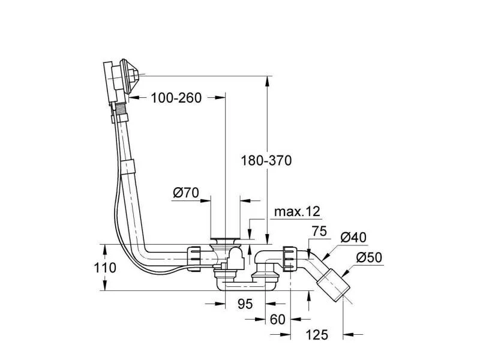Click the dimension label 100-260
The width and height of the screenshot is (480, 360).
(x=176, y=98)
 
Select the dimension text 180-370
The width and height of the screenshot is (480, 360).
(x=266, y=160)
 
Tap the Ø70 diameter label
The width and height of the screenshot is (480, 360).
(x=185, y=194)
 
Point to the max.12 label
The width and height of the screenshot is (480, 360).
(x=297, y=212)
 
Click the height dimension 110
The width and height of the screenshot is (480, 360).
(x=106, y=268)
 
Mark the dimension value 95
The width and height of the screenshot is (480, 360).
(x=244, y=304)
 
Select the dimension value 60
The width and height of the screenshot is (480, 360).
(x=277, y=319)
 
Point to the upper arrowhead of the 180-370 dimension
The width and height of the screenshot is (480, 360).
(x=266, y=80)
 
